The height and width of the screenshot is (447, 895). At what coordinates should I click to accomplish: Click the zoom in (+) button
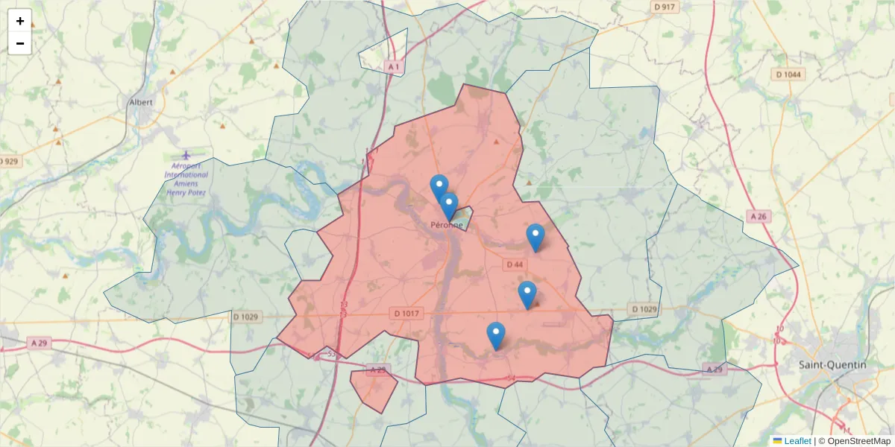point(20,21)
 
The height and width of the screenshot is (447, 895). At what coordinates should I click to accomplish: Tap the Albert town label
point(141,102)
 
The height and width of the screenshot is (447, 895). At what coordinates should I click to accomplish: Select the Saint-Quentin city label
point(832,365)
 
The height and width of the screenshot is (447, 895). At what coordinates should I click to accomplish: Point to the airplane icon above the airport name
point(186,154)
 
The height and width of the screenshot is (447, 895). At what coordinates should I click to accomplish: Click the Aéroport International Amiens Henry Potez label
point(186,179)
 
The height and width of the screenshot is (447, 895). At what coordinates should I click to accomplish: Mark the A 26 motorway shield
point(759,216)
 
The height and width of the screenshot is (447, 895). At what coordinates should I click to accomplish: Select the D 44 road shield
point(515,264)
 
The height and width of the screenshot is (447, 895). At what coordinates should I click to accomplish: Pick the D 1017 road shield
point(406,314)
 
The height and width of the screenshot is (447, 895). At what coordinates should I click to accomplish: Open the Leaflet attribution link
point(797,441)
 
